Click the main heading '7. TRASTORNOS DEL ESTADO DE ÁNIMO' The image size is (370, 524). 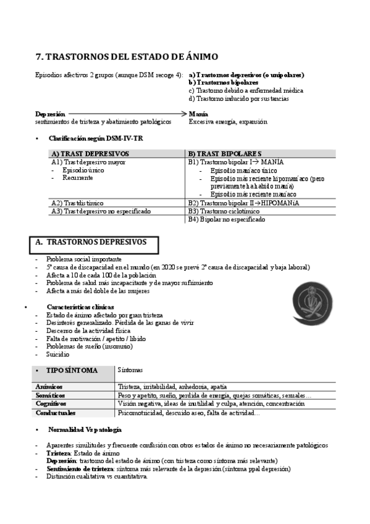pos(127,57)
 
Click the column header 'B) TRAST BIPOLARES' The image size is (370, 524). pos(225,153)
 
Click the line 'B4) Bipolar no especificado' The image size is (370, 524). pos(227,219)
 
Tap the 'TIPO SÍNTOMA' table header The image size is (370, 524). pos(75,370)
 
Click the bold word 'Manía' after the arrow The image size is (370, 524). pos(198,114)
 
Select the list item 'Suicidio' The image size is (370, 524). pos(58,355)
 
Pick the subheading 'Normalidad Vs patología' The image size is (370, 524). pos(85,429)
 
